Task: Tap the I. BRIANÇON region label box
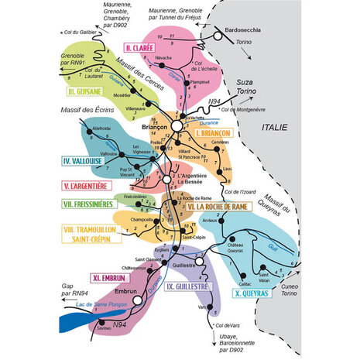214,133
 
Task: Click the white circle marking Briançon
177,125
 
